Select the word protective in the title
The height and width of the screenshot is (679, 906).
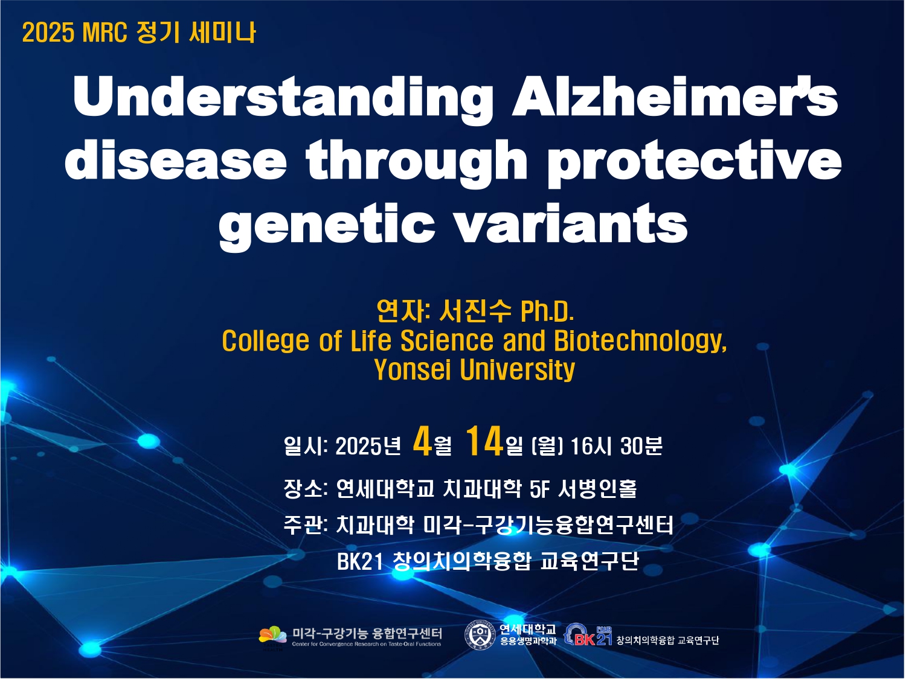click(694, 162)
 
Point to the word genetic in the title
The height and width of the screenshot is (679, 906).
click(327, 227)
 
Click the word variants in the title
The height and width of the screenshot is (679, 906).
click(571, 223)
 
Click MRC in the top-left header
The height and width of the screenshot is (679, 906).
click(104, 33)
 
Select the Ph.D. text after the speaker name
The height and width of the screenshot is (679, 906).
click(547, 311)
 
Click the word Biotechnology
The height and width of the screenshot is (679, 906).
click(640, 341)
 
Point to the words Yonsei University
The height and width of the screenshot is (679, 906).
click(474, 369)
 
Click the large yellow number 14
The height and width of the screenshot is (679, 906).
click(484, 442)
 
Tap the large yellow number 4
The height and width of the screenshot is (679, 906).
click(422, 442)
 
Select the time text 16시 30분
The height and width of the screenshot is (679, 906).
click(616, 446)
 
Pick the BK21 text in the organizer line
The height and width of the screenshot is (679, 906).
click(360, 561)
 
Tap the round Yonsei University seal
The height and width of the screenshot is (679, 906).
click(480, 636)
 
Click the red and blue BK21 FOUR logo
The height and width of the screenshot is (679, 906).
click(588, 635)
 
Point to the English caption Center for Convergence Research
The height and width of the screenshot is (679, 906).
click(367, 645)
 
